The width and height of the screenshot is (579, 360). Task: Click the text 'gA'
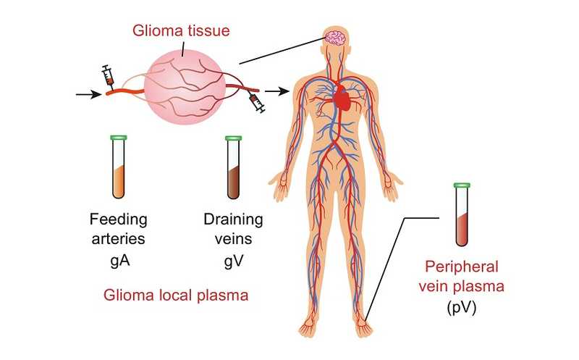click(118, 257)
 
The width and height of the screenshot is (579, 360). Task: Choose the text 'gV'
click(233, 257)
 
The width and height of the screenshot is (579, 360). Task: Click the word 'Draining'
click(233, 219)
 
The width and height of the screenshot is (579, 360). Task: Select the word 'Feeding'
click(118, 219)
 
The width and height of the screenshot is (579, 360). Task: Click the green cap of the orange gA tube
click(118, 137)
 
